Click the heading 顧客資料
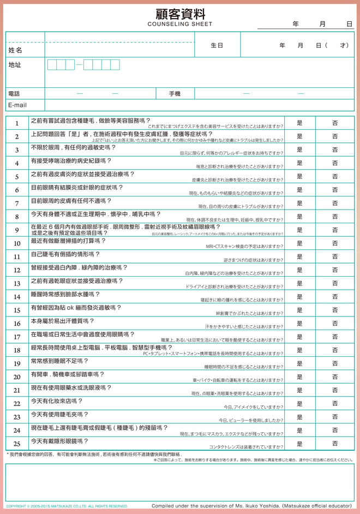click(180, 14)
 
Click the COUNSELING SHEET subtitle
click(180, 24)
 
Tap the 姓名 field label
click(15, 50)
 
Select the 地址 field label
click(15, 65)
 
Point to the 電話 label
click(14, 94)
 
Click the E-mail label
click(17, 105)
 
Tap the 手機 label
click(175, 94)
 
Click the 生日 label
click(217, 46)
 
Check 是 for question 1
click(299, 123)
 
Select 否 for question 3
click(335, 150)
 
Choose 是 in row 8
click(299, 217)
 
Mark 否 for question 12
click(335, 270)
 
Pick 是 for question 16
click(299, 324)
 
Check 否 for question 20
click(335, 377)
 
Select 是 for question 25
click(299, 444)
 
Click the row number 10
click(17, 243)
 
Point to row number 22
click(17, 404)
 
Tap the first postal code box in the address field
click(52, 65)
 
